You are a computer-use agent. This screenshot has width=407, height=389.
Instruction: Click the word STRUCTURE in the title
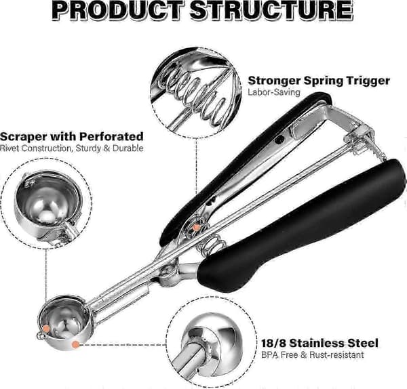(271, 10)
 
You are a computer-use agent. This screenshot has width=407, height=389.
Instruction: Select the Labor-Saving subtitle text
(274, 92)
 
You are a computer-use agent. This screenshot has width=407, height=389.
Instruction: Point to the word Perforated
(111, 136)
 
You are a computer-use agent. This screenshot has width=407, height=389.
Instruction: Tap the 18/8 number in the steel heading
(273, 343)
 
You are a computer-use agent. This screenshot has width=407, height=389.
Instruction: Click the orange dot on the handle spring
(197, 228)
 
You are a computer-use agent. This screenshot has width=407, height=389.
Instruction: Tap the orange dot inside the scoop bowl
(46, 329)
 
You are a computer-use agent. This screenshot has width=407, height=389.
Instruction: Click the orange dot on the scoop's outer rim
(75, 344)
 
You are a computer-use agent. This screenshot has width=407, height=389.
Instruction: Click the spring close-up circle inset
(196, 93)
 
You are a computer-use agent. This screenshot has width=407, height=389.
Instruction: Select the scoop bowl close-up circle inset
(46, 203)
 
